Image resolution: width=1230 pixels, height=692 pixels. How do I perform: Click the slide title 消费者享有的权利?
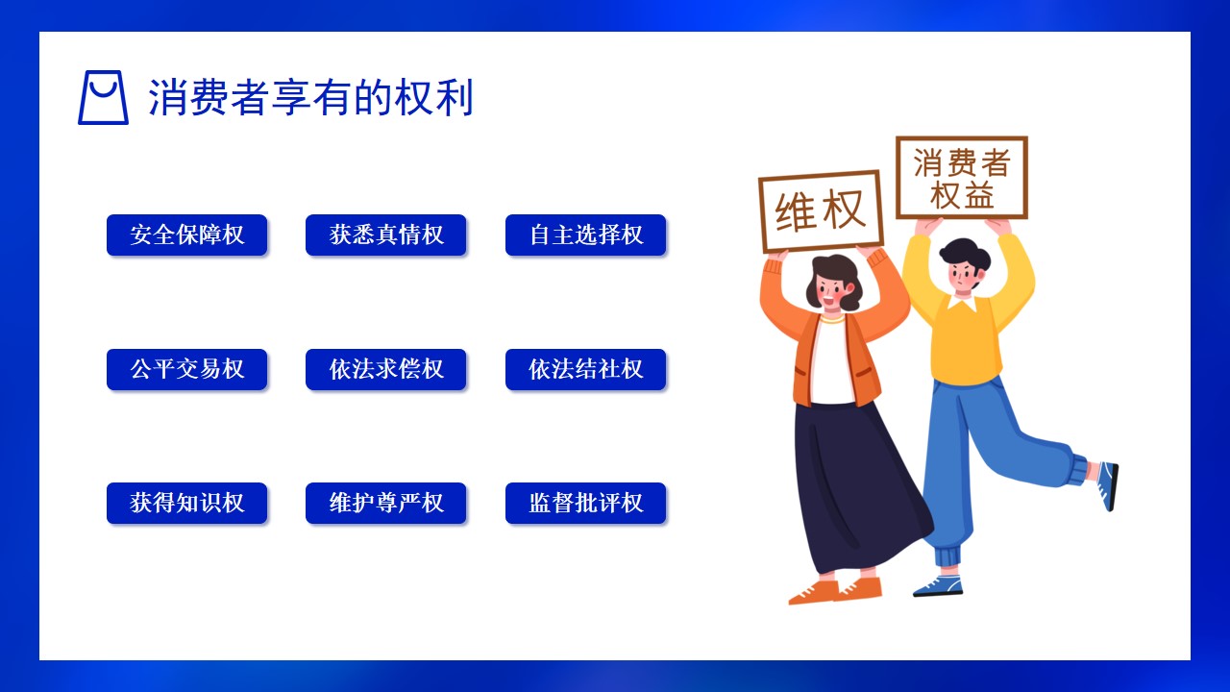[310, 98]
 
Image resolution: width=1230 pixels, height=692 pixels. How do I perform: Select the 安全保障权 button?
[186, 235]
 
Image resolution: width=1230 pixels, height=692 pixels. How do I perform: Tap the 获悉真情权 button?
[386, 235]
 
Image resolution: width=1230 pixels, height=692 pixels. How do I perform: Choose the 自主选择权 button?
[585, 235]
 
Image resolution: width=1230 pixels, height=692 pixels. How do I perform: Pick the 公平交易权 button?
[186, 369]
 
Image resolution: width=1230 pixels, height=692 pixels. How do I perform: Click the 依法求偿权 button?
[386, 369]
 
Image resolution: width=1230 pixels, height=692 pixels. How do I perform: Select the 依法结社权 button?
[585, 369]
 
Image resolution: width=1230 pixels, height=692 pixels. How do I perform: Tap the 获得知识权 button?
[186, 503]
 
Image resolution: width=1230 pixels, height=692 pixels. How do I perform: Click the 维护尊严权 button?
[386, 503]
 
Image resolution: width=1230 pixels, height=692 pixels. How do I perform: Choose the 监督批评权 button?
[585, 503]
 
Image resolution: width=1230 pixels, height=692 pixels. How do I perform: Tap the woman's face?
[832, 291]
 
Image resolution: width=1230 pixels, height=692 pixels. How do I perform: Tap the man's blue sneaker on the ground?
[938, 585]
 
